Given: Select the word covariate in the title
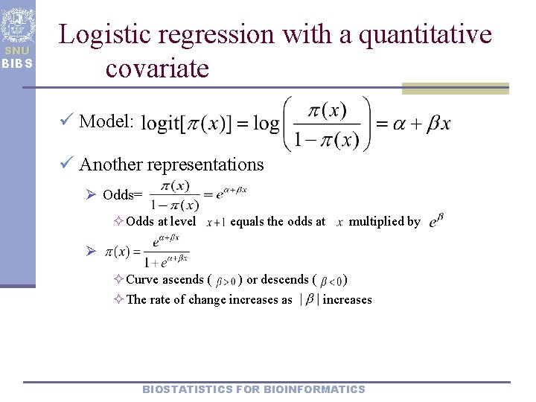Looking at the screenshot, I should pos(157,68).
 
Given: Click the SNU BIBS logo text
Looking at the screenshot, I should pos(17,57).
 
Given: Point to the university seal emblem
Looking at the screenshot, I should pos(17,26).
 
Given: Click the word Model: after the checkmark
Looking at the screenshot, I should pos(106,121).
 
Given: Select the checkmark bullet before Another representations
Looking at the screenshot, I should pos(67,164).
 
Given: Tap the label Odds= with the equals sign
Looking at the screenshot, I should pos(122,195).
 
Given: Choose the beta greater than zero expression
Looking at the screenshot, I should pos(226,281).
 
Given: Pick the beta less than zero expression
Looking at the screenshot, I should pos(331,281).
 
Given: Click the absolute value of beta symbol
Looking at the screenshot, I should pos(307,300).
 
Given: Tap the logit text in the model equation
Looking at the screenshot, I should pos(159,124).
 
